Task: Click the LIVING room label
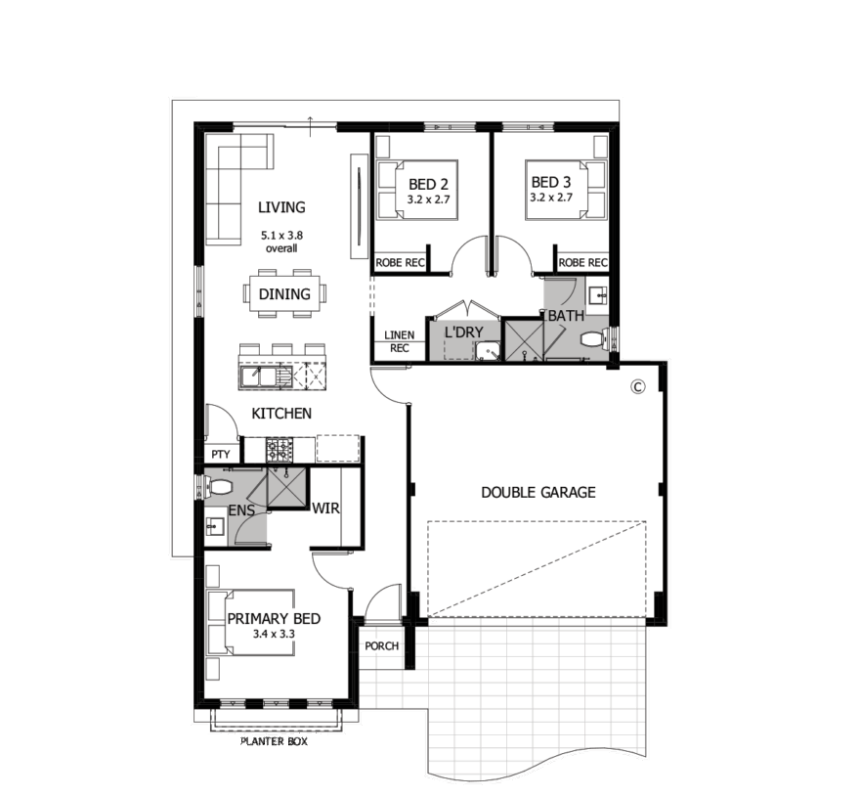(x=281, y=207)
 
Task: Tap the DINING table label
(x=284, y=294)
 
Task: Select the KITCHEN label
(x=281, y=414)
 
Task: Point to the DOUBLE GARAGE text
(x=538, y=492)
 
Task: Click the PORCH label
(x=382, y=646)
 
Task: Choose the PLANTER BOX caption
(x=275, y=741)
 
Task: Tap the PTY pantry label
(x=221, y=455)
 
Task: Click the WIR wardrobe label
(x=325, y=509)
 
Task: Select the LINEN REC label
(x=400, y=341)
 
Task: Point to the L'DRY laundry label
(x=464, y=332)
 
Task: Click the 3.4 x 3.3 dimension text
(x=274, y=634)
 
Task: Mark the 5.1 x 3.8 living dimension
(x=281, y=236)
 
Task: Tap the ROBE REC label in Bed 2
(x=401, y=263)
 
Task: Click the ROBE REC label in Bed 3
(x=583, y=263)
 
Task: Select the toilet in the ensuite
(x=218, y=487)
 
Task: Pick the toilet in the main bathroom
(x=594, y=338)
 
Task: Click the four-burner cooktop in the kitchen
(x=279, y=450)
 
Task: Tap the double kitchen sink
(x=259, y=377)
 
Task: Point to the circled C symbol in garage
(x=638, y=386)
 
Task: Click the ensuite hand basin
(x=215, y=527)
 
